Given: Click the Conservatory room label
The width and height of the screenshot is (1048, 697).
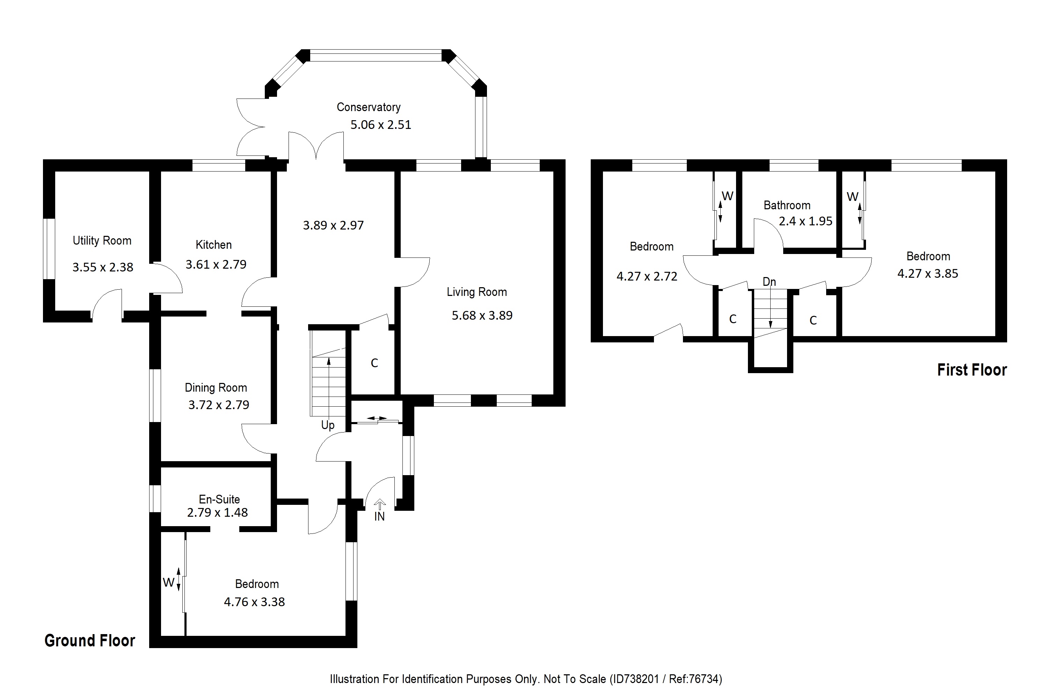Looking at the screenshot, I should [x=369, y=107].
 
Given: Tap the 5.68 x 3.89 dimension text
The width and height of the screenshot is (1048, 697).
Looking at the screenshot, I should [x=482, y=315].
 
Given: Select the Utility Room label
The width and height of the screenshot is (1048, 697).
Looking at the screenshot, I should [x=102, y=240].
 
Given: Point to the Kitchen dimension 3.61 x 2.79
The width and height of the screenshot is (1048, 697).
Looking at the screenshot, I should [x=216, y=264].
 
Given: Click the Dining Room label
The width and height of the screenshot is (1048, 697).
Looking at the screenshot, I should [x=216, y=387].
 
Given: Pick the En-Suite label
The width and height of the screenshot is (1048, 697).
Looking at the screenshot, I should [x=219, y=499].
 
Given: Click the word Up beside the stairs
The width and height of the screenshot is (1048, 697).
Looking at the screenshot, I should [x=328, y=425].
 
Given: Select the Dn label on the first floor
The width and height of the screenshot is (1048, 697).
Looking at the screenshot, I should [x=769, y=282].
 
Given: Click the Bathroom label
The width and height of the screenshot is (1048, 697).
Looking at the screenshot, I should [x=787, y=205].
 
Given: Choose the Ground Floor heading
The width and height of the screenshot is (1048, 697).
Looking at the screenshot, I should [x=90, y=640].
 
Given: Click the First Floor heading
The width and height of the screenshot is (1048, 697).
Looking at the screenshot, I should [x=971, y=370].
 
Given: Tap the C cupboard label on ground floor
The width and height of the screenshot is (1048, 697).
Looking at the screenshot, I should [x=374, y=363].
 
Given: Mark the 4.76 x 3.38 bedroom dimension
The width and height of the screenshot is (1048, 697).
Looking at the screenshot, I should [x=254, y=602].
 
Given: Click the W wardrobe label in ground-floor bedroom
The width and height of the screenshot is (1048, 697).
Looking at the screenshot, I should [x=168, y=582].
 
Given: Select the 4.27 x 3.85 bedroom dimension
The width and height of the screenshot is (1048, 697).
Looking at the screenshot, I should [x=927, y=273].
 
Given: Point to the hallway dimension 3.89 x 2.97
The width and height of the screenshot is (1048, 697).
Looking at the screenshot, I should [x=333, y=225].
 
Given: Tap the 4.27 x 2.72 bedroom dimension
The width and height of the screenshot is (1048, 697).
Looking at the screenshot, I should [x=647, y=276].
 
